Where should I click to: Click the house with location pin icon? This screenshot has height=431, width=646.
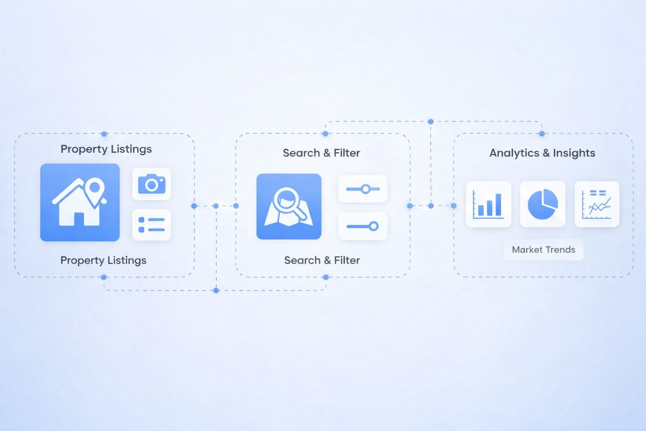tap(80, 202)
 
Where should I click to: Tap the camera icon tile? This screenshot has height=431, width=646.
tap(152, 184)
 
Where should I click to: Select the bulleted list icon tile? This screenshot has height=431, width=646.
tap(152, 225)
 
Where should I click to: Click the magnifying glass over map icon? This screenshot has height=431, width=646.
tap(289, 206)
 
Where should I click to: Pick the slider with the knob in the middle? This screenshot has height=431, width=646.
tap(363, 189)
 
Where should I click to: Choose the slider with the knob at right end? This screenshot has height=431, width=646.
tap(363, 226)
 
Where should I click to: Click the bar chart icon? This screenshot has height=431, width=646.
tap(489, 204)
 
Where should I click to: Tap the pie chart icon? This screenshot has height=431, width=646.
tap(543, 204)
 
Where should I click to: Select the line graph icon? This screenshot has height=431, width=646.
tap(597, 204)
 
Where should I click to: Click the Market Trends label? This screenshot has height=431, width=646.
tap(544, 250)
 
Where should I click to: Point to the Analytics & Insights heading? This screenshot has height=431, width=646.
tap(542, 153)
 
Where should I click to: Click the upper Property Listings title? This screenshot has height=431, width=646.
tap(106, 149)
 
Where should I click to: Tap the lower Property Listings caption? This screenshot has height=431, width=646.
tap(103, 261)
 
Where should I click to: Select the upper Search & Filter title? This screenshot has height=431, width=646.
tap(321, 153)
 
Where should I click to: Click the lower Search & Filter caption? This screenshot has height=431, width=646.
tap(322, 261)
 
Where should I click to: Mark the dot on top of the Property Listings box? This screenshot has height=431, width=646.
tap(104, 134)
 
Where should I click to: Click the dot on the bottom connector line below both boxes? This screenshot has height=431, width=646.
tap(216, 290)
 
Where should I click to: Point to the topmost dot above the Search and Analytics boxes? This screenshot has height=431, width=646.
tap(431, 122)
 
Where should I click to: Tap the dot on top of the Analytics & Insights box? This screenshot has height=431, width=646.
tap(542, 134)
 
